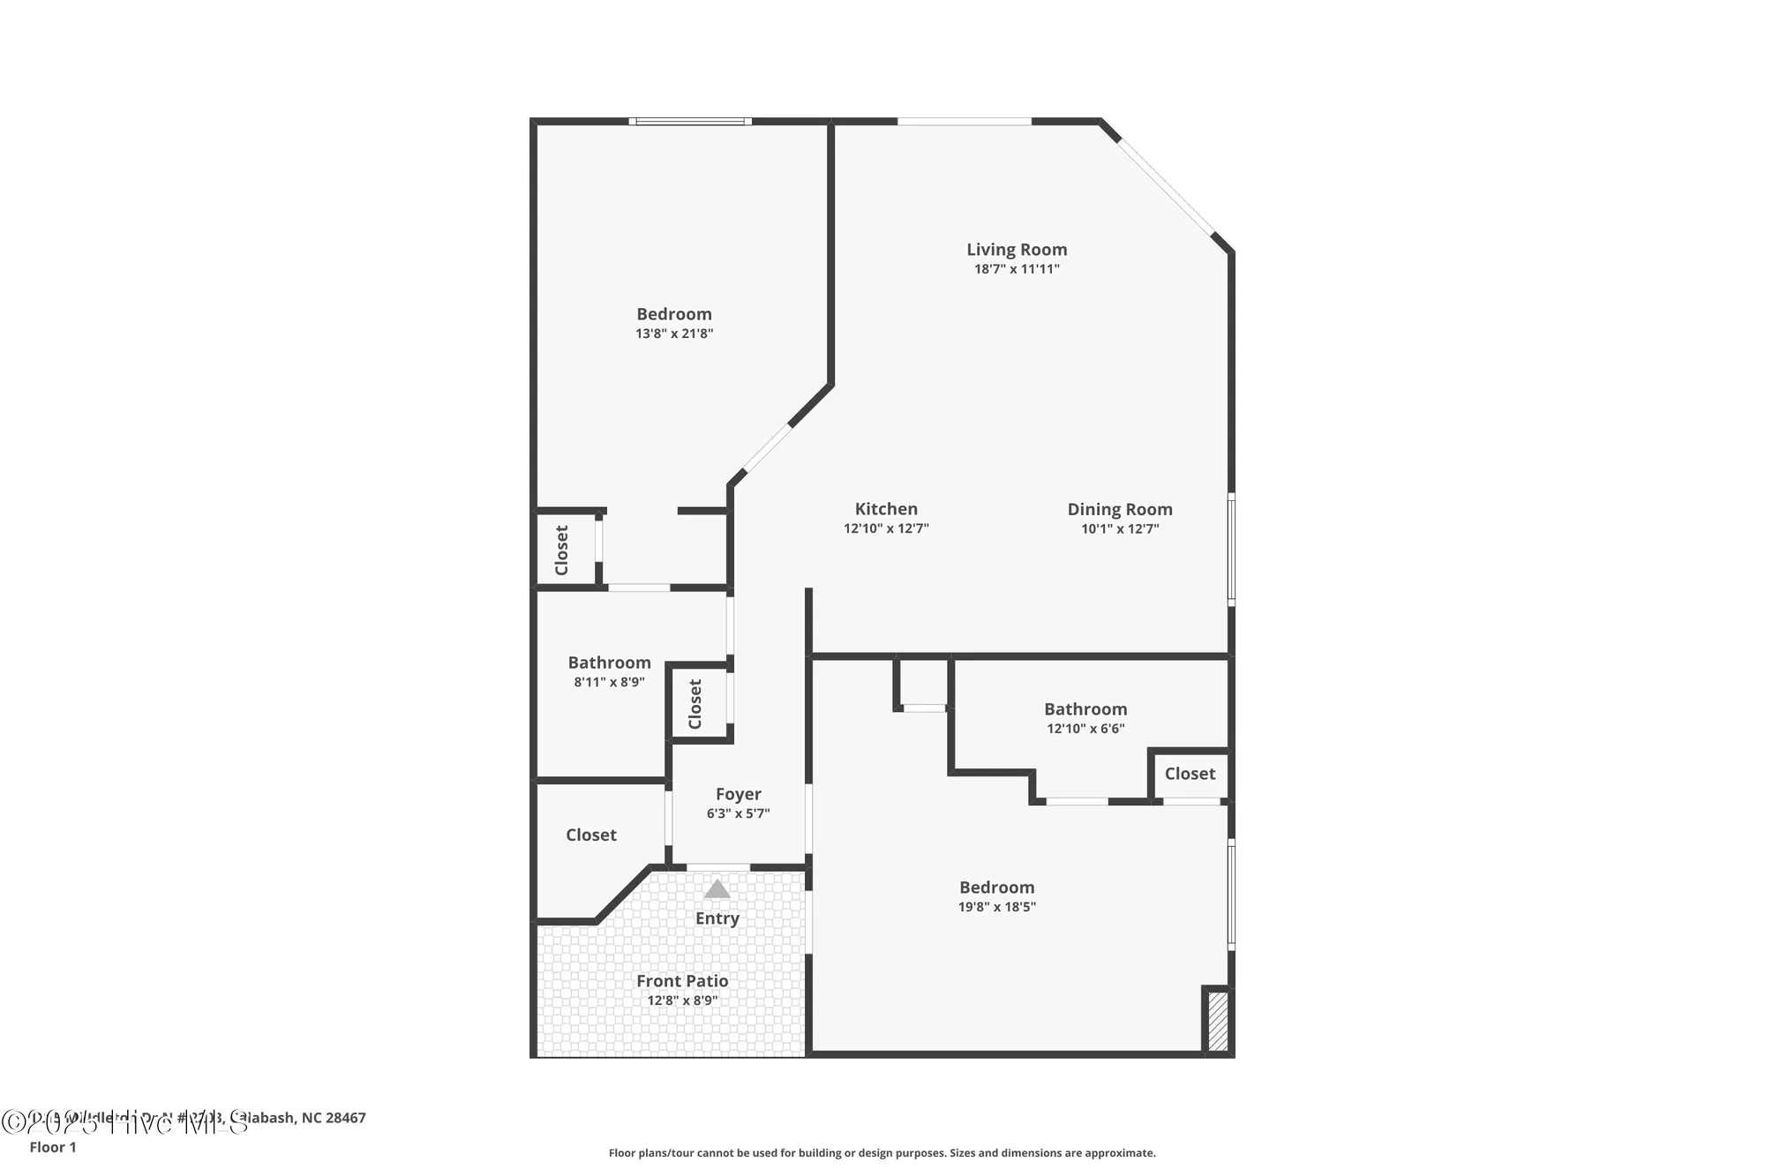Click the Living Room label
point(1017,250)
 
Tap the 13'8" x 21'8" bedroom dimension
point(674,333)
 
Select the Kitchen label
point(886,509)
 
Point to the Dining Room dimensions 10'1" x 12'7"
point(1120,529)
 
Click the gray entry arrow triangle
point(717,889)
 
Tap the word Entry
point(717,918)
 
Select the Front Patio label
point(682,981)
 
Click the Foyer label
point(738,794)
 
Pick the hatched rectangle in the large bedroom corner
point(1217,1021)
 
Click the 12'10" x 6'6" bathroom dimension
point(1085,729)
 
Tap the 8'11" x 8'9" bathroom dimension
point(609,682)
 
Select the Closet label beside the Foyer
point(590,835)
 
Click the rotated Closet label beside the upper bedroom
point(562,550)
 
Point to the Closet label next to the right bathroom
point(1190,774)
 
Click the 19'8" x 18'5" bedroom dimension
point(996,907)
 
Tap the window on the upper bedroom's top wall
point(690,122)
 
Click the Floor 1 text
point(53,1147)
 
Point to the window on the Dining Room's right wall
point(1231,549)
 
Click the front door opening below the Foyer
point(717,867)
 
